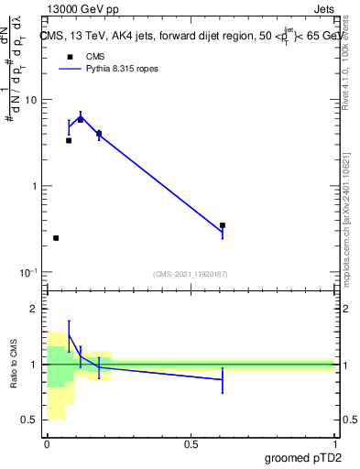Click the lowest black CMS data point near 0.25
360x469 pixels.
[x=56, y=238]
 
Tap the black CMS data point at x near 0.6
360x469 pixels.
[x=223, y=225]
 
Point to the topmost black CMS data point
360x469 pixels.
[x=81, y=119]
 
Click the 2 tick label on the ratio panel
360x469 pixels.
[x=35, y=310]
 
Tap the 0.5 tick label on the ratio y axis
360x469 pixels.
[x=30, y=420]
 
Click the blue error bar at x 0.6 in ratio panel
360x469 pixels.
[x=223, y=379]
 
